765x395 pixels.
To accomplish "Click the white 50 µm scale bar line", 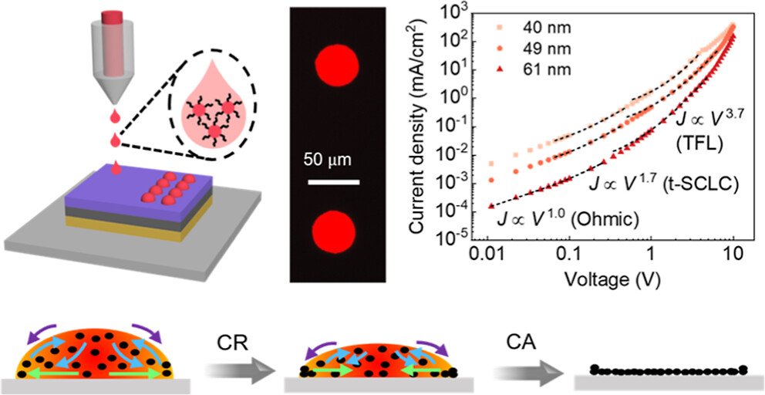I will (334, 184).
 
